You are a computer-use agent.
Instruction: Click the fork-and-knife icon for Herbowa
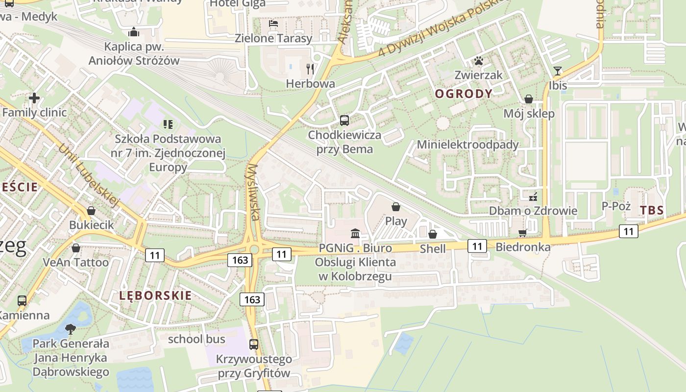(310, 68)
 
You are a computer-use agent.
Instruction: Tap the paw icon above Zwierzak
(478, 61)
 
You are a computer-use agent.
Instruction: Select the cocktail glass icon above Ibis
(558, 71)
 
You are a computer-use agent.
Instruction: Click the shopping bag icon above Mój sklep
(529, 99)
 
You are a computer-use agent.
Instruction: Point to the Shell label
(433, 249)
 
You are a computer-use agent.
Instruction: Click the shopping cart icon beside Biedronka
(522, 233)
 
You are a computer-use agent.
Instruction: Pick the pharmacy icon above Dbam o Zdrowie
(533, 197)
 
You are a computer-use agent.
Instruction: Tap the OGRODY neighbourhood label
(464, 94)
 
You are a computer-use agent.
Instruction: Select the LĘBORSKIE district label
(155, 295)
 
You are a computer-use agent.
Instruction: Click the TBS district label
(652, 211)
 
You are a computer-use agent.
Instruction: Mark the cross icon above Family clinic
(34, 98)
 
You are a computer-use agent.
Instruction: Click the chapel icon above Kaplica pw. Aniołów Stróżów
(134, 33)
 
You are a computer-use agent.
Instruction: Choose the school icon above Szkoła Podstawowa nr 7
(168, 124)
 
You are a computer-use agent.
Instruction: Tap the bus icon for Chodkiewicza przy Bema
(344, 120)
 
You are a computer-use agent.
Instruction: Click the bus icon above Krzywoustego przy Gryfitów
(253, 344)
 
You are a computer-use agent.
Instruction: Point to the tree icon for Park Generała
(71, 329)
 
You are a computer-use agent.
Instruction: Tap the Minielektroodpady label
(467, 145)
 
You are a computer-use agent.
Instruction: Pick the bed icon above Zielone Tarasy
(273, 24)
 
